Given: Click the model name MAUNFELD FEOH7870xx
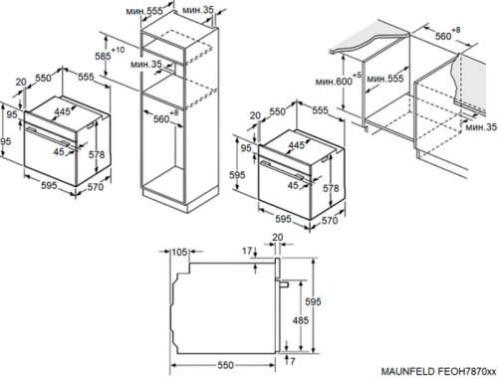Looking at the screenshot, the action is (439, 371).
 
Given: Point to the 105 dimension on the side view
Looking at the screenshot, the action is (179, 253).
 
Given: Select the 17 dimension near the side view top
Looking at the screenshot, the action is (247, 251).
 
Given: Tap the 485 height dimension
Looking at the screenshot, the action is (301, 320).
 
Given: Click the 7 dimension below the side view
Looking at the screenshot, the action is (292, 361).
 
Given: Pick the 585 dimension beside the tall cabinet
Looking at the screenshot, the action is (103, 56).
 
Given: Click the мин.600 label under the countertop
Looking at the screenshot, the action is (334, 82).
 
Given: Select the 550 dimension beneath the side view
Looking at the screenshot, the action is (225, 365).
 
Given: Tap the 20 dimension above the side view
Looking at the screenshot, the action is (278, 238).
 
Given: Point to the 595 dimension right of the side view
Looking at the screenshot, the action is (313, 301).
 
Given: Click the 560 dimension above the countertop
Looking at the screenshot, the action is (443, 36).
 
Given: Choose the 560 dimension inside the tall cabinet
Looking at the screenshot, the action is (161, 119).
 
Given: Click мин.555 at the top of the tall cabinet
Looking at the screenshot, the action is (144, 11).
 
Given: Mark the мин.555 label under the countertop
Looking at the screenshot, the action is (385, 79).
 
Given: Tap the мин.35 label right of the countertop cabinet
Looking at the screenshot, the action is (481, 126).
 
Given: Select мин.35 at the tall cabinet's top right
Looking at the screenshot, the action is (198, 10).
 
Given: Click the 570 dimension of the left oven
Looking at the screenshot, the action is (96, 187).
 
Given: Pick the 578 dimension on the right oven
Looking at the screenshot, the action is (331, 188).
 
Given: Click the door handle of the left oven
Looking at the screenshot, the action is (49, 136).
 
